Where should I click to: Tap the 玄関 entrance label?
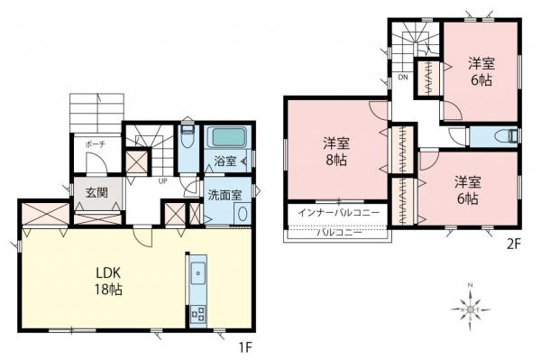point(96,191)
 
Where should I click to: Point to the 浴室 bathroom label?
point(225,162)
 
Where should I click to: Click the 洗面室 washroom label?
point(223,195)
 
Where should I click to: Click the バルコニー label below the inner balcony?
point(338,232)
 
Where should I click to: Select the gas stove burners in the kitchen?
point(198,315)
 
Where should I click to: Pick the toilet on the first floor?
point(187,141)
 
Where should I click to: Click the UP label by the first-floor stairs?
point(162,180)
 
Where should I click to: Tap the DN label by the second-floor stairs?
point(401,78)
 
